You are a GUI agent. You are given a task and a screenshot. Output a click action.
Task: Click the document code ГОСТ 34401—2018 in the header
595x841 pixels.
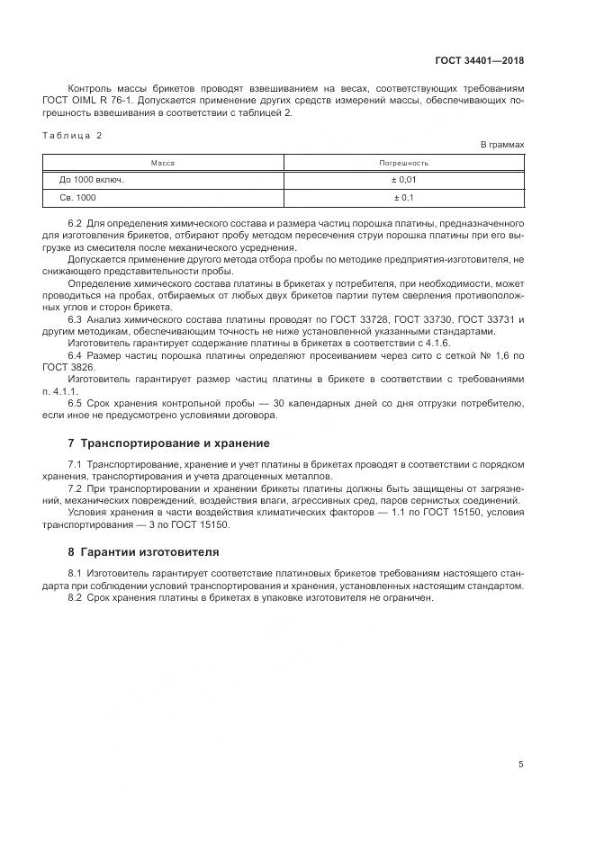click(x=482, y=61)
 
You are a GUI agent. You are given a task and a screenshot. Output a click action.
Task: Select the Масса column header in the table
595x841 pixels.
click(x=162, y=163)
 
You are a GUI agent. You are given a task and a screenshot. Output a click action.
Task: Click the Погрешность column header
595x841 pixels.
click(x=404, y=163)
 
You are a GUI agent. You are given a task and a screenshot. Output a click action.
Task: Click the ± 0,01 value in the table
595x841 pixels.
click(x=404, y=180)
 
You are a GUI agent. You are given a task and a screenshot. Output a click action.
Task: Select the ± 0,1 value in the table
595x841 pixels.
click(x=404, y=197)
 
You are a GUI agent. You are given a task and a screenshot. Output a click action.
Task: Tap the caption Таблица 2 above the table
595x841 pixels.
click(x=73, y=135)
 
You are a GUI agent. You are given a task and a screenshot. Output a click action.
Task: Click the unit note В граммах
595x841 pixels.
click(x=501, y=145)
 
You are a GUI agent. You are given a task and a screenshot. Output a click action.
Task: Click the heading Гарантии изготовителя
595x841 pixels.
click(x=149, y=551)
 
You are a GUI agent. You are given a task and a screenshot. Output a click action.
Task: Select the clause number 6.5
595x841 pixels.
click(x=76, y=403)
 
